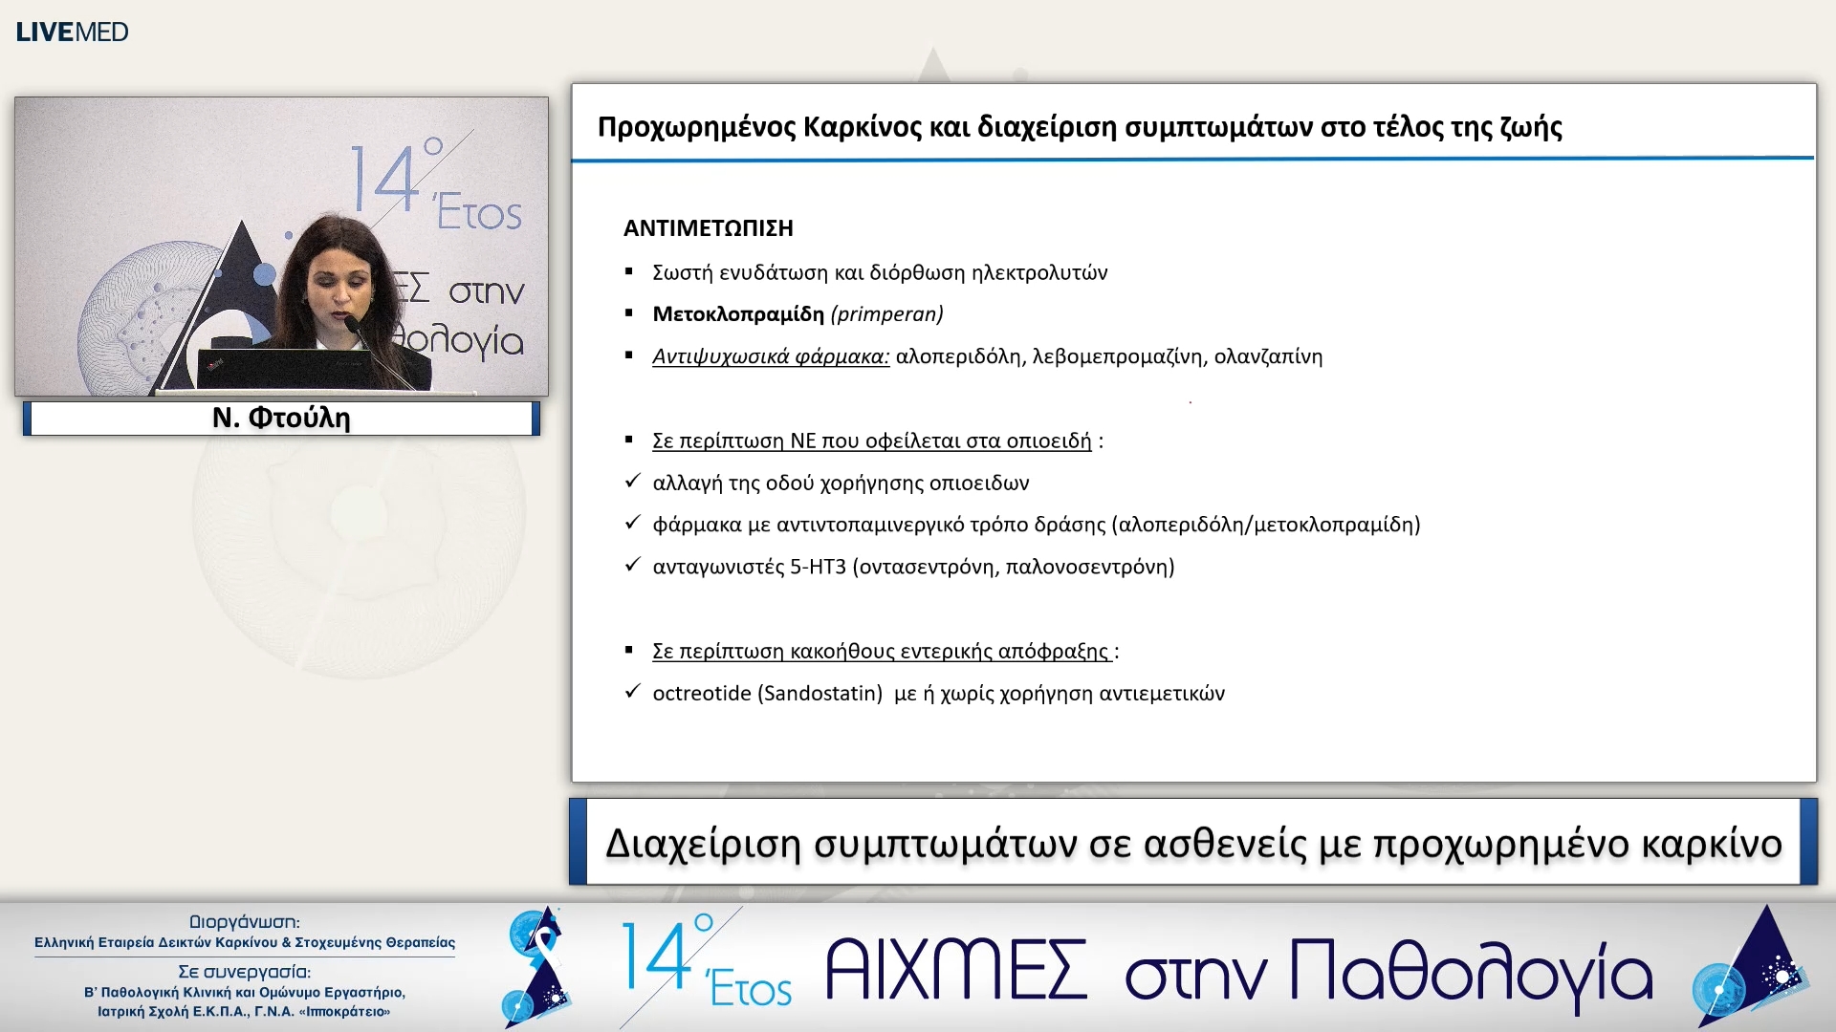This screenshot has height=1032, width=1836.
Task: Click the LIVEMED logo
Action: pos(72,32)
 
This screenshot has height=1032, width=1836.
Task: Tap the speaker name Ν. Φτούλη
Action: pos(281,418)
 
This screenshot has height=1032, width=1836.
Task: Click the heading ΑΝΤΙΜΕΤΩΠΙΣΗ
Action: pos(708,228)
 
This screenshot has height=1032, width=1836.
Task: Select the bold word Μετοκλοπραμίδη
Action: pos(737,314)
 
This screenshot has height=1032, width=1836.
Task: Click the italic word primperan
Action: pos(886,314)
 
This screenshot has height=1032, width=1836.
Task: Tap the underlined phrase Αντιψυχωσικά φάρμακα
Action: pos(770,356)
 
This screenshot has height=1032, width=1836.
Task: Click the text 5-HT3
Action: pos(818,567)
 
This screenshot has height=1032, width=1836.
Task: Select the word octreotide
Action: pos(701,693)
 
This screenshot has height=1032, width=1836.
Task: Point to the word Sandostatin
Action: pos(820,693)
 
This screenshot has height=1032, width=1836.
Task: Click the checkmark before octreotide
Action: pos(631,691)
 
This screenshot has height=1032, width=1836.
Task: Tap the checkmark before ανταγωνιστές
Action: pos(631,565)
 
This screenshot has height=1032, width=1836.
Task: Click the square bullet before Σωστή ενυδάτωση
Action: pos(629,272)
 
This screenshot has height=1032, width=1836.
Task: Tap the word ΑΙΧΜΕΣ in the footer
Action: pos(955,970)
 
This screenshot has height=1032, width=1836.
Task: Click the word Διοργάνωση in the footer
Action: pos(244,922)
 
